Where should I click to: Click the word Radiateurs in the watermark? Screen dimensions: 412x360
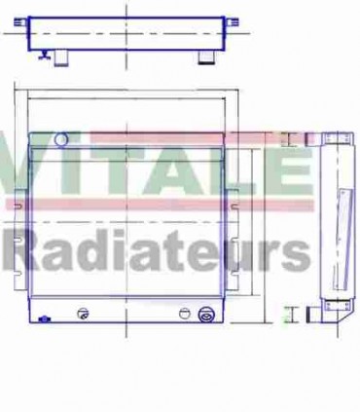tap(155, 251)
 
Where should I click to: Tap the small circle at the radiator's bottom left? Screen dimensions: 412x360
tap(85, 314)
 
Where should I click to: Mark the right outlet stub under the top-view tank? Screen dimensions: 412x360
tap(205, 59)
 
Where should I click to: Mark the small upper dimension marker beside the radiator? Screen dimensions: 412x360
tap(285, 139)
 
